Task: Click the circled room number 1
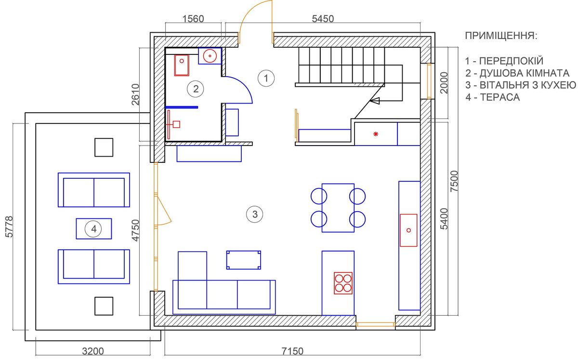pyautogui.click(x=266, y=78)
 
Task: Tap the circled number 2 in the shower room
pyautogui.click(x=196, y=89)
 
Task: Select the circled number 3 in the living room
pyautogui.click(x=255, y=214)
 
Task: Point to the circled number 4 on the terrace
pyautogui.click(x=93, y=229)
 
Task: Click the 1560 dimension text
pyautogui.click(x=193, y=19)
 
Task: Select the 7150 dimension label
pyautogui.click(x=292, y=351)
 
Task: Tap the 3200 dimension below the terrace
pyautogui.click(x=93, y=351)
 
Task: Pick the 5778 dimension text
pyautogui.click(x=9, y=227)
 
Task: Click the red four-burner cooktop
pyautogui.click(x=343, y=283)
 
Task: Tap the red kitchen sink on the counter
pyautogui.click(x=408, y=230)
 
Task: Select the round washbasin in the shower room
pyautogui.click(x=210, y=56)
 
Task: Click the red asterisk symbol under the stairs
pyautogui.click(x=376, y=134)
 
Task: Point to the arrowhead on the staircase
pyautogui.click(x=375, y=100)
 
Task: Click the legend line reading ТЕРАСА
pyautogui.click(x=493, y=97)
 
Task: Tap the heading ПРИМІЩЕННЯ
pyautogui.click(x=501, y=36)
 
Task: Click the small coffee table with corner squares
pyautogui.click(x=244, y=260)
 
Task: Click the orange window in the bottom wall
pyautogui.click(x=375, y=324)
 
